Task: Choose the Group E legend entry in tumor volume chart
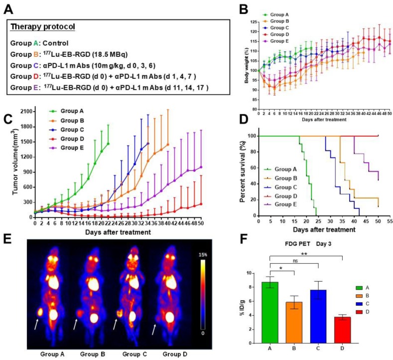[69, 148]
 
